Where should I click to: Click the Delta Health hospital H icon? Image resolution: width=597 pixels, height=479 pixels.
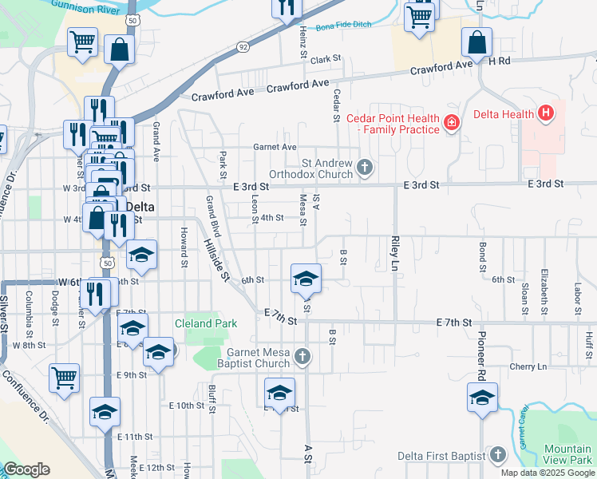pos(546,114)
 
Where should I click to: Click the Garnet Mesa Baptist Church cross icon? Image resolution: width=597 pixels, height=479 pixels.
pos(302,357)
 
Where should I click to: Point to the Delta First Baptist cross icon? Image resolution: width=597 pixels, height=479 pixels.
pos(498,456)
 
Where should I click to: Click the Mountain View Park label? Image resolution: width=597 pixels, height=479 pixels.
pos(567,455)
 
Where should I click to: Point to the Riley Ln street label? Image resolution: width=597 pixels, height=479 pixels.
pos(394,251)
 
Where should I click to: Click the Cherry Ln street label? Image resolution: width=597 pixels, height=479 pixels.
pos(530,366)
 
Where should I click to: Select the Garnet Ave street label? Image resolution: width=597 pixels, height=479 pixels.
pos(275,147)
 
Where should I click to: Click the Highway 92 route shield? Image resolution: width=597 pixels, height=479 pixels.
pos(243,48)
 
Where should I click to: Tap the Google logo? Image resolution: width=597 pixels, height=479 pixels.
pos(26,469)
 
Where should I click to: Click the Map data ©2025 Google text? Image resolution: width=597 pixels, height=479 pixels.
pos(547,473)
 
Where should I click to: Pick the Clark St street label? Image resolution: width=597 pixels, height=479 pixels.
pos(326,60)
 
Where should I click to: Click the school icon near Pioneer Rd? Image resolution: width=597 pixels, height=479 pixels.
pos(483,398)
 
